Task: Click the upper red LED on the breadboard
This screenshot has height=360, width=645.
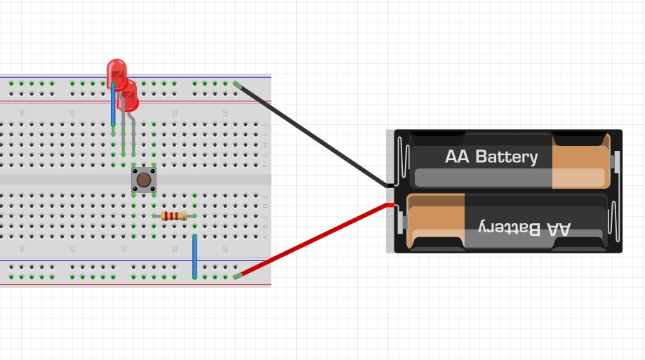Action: click(x=117, y=72)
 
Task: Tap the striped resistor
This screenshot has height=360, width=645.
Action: click(x=174, y=215)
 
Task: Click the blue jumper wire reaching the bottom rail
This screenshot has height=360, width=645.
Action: click(x=194, y=258)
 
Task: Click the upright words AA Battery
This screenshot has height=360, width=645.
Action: click(x=491, y=156)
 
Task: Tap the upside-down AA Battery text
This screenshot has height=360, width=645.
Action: click(x=524, y=227)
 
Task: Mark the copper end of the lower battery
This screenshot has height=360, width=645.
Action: click(x=436, y=222)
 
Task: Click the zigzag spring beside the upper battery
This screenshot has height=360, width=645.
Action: click(x=401, y=161)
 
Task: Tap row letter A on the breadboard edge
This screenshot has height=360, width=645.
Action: click(x=265, y=236)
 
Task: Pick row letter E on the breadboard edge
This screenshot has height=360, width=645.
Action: click(x=265, y=195)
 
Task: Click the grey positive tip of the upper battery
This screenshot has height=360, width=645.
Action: click(x=615, y=162)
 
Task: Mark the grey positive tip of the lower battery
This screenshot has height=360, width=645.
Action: click(x=401, y=223)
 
